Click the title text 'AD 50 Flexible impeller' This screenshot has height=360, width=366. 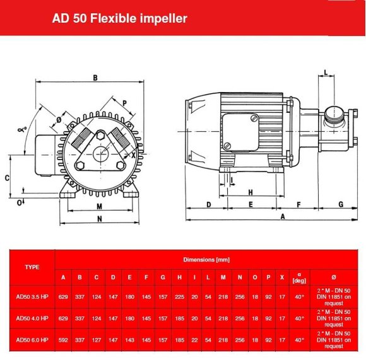point(119,18)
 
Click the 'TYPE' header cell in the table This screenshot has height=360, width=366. point(32,267)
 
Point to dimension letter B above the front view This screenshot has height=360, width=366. point(95,78)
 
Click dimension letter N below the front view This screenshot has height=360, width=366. point(99,219)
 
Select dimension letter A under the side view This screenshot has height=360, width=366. point(282,216)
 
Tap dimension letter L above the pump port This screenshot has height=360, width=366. point(325,72)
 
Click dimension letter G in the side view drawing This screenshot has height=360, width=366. point(340,204)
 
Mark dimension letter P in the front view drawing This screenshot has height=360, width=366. point(124,103)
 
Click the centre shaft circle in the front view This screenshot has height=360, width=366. point(100,153)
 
